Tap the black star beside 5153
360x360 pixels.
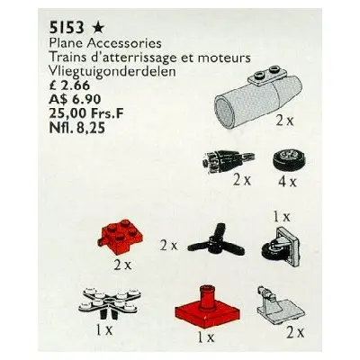pos(98,28)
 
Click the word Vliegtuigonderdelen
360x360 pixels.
pos(112,72)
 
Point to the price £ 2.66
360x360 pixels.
pos(68,85)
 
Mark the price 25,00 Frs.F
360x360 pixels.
pos(85,113)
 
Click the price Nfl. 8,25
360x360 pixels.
pos(76,128)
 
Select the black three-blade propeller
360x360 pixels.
pos(216,242)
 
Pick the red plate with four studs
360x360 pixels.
pos(117,237)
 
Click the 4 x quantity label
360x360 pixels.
pos(287,182)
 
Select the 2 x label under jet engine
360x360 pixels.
pos(284,121)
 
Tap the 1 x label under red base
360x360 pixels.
pos(206,337)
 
